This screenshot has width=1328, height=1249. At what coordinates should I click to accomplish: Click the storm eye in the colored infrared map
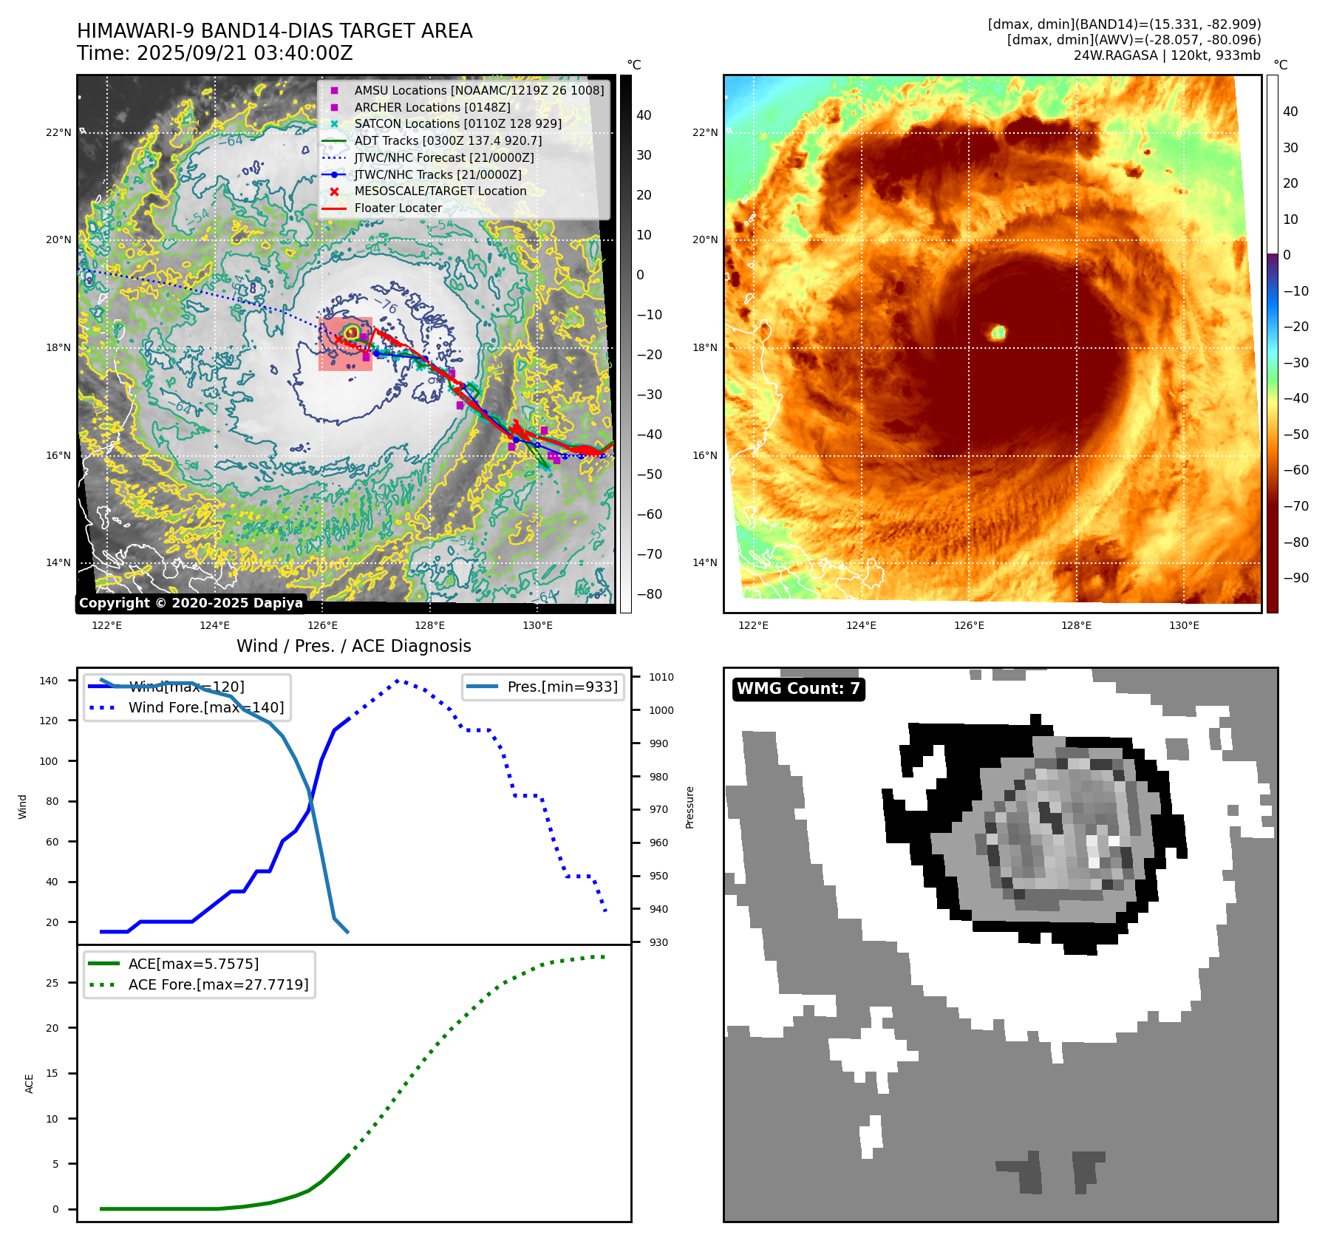(998, 333)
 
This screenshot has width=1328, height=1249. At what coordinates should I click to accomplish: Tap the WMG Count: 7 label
(798, 689)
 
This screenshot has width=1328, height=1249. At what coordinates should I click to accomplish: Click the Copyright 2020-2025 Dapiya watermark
(191, 603)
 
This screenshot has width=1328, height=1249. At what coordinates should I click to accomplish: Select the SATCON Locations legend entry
(457, 124)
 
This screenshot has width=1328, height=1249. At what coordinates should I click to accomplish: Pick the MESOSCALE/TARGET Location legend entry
(440, 191)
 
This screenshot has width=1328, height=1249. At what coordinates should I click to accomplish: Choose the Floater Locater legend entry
(398, 208)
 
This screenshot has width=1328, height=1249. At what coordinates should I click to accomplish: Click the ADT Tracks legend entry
(448, 141)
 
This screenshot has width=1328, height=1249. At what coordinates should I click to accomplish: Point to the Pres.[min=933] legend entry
(562, 687)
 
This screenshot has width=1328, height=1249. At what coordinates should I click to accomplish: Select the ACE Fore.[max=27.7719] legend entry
(218, 984)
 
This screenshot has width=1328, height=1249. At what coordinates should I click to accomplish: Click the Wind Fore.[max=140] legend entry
(205, 707)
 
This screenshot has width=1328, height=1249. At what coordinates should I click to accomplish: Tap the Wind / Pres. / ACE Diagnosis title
(353, 646)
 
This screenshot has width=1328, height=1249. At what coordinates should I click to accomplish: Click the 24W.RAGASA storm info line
(1167, 55)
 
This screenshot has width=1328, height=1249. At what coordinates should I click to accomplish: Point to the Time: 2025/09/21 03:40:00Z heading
(215, 54)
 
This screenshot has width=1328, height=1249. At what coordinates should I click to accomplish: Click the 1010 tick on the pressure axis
(661, 677)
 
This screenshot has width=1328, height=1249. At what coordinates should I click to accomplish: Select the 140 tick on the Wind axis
(49, 681)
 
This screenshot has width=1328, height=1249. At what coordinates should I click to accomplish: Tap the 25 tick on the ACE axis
(52, 983)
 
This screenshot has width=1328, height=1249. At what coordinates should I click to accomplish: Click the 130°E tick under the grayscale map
(537, 626)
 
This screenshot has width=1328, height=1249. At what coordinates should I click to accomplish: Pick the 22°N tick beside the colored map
(705, 133)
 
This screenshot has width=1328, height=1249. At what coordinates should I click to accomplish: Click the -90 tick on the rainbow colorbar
(1295, 578)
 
